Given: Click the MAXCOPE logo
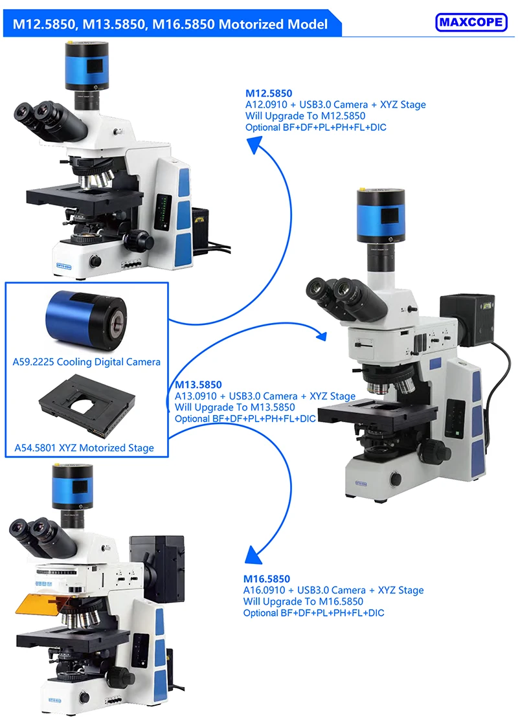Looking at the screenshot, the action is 471,22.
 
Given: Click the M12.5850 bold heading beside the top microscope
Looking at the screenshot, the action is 269,93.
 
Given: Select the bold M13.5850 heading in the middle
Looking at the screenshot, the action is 198,385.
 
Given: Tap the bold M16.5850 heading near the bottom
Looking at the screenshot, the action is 267,579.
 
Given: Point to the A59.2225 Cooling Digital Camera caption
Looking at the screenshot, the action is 86,362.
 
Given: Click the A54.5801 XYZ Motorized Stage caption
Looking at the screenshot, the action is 84,447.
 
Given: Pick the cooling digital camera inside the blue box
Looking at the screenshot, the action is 86,320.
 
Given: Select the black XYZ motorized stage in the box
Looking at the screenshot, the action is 87,406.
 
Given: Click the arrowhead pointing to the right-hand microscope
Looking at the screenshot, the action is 321,335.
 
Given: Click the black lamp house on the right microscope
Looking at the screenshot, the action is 467,320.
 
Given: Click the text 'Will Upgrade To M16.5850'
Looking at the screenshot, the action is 303,601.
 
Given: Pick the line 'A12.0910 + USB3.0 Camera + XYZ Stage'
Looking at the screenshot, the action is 335,105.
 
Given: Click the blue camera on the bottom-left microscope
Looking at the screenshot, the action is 73,486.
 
